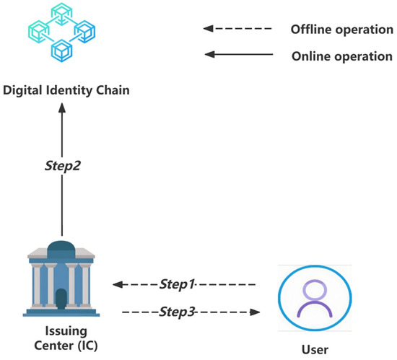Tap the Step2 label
click(61, 165)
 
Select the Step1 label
click(178, 284)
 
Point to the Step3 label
click(178, 312)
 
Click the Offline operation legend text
click(336, 30)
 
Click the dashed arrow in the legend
click(239, 30)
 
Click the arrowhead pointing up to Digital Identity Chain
click(61, 107)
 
